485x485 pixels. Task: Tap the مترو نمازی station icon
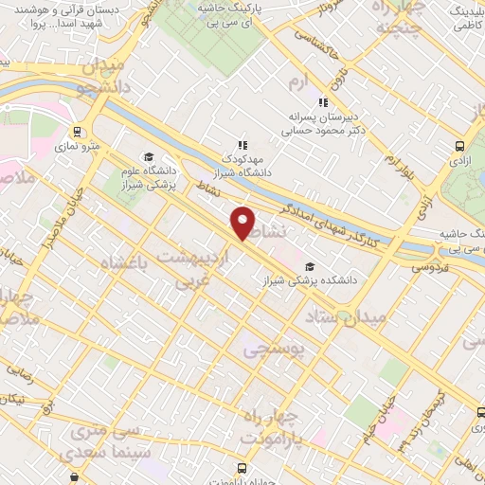(x=77, y=133)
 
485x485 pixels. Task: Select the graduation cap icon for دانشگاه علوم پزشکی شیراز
(x=148, y=157)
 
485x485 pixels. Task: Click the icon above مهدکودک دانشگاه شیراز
(x=243, y=145)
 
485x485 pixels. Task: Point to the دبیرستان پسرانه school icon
(x=323, y=102)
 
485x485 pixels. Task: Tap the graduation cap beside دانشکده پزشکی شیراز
(x=311, y=265)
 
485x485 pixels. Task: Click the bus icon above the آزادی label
(x=459, y=146)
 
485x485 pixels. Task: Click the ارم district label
(x=298, y=83)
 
